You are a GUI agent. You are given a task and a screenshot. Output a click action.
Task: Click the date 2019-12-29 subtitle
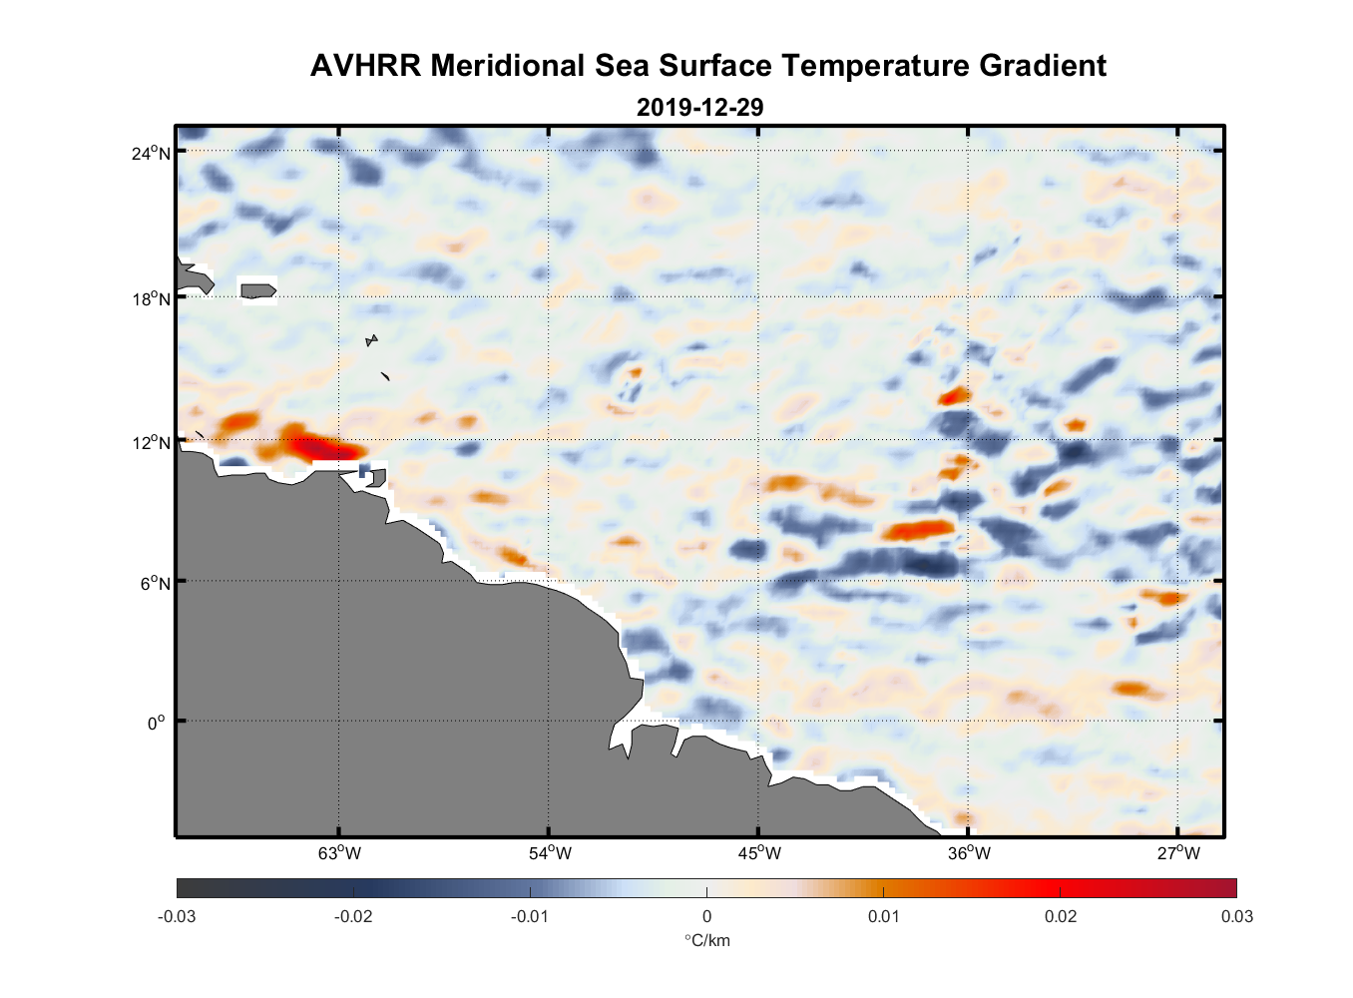(x=699, y=107)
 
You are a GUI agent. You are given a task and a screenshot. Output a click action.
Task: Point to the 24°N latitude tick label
(x=152, y=153)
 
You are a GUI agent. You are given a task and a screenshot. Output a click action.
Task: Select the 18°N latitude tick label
(x=152, y=298)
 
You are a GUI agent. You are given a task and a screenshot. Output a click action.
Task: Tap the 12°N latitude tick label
(x=152, y=442)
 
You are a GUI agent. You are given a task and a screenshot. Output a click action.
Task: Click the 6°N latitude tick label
(x=156, y=583)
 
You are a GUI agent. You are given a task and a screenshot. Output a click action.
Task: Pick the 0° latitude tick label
(x=157, y=723)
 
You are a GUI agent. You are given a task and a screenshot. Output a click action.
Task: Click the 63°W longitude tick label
(x=339, y=853)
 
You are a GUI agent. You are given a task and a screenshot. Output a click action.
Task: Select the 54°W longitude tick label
(x=550, y=853)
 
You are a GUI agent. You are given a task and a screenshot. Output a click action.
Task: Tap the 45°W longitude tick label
(x=759, y=853)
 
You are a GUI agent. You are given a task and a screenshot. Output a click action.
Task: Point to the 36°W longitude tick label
(x=969, y=853)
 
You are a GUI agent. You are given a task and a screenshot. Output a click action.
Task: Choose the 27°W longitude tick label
(x=1178, y=853)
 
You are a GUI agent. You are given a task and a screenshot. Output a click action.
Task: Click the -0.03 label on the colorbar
(x=177, y=916)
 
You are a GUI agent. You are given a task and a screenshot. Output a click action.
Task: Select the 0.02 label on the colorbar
(x=1060, y=916)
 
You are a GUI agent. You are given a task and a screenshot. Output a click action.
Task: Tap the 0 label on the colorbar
(x=706, y=916)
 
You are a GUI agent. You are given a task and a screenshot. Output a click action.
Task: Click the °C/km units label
(x=706, y=940)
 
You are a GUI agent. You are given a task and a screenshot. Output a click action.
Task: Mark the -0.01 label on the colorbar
(x=529, y=916)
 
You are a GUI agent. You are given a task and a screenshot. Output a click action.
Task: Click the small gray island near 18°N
(x=258, y=290)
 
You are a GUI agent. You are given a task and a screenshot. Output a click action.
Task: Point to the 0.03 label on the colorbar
(x=1236, y=916)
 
